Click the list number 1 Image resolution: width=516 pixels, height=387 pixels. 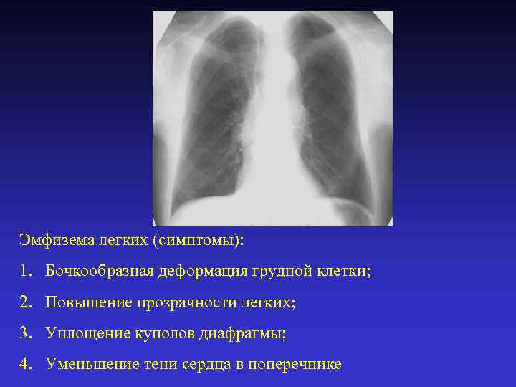tap(26, 272)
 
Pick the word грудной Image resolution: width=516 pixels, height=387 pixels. tap(282, 272)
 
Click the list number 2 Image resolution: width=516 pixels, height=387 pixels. tap(26, 302)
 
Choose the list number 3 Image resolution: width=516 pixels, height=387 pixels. tap(26, 333)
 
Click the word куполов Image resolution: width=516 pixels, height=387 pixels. tap(158, 333)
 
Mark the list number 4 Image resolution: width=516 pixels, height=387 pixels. tap(26, 364)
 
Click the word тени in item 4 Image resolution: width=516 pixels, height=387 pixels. tap(158, 364)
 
